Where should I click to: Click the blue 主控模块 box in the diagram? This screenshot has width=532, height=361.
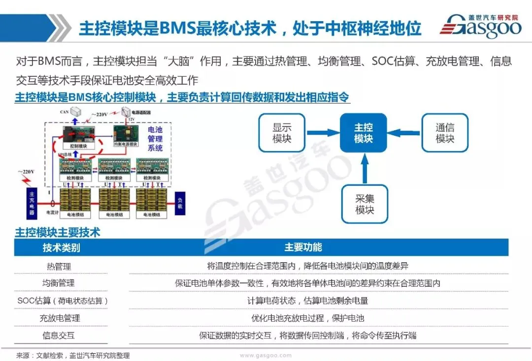pyautogui.click(x=363, y=133)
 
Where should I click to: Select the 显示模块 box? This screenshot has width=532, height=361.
pyautogui.click(x=282, y=133)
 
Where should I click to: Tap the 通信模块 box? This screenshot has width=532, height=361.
pyautogui.click(x=445, y=133)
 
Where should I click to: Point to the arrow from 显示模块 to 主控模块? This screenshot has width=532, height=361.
pyautogui.click(x=323, y=133)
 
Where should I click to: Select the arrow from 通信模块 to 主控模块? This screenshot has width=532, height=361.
pyautogui.click(x=404, y=133)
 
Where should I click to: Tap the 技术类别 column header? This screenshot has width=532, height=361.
pyautogui.click(x=61, y=247)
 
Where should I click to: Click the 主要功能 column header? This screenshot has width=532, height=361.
pyautogui.click(x=303, y=247)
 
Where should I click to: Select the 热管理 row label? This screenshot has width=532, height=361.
pyautogui.click(x=59, y=266)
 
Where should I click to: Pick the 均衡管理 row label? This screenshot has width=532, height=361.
pyautogui.click(x=59, y=283)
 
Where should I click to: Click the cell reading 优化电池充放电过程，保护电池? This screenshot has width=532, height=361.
pyautogui.click(x=308, y=318)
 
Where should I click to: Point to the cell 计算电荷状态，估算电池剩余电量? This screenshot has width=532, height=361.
pyautogui.click(x=308, y=301)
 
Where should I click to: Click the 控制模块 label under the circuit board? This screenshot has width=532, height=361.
pyautogui.click(x=78, y=146)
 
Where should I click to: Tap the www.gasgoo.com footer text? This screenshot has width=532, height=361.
pyautogui.click(x=266, y=355)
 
